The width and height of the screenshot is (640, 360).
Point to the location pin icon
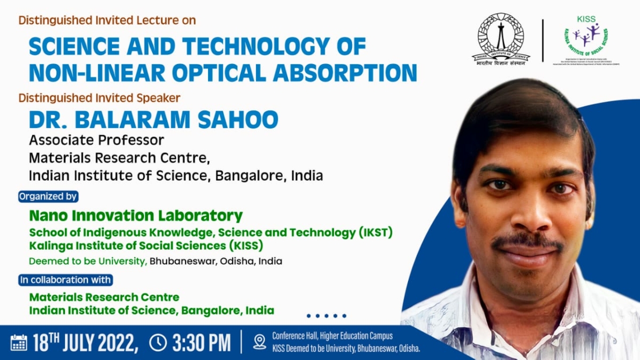tap(260, 342)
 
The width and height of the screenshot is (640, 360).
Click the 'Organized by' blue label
tap(49, 196)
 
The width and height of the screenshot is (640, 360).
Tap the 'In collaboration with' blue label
tap(65, 279)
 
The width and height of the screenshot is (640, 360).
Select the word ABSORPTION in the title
tap(345, 73)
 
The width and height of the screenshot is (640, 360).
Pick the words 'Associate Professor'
tap(97, 140)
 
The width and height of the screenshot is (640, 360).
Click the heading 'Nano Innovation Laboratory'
tap(136, 216)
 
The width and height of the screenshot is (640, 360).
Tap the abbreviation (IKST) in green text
tap(375, 233)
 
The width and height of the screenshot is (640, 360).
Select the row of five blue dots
tap(326, 316)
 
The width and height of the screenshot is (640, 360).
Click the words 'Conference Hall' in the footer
tap(297, 336)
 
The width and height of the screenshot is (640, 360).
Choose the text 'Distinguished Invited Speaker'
tap(99, 98)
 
